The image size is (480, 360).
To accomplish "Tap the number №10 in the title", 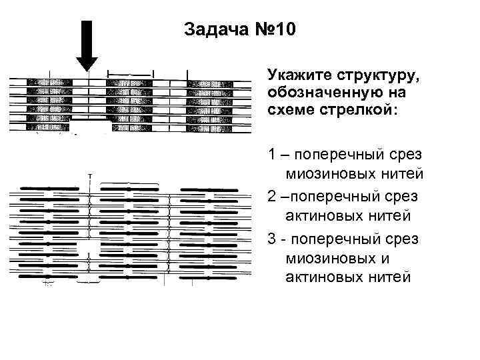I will [x=272, y=30].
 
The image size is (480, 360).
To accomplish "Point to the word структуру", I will [x=370, y=73].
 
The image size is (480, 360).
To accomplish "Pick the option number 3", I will [x=272, y=238].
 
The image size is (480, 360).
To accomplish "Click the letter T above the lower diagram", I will [x=89, y=175].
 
